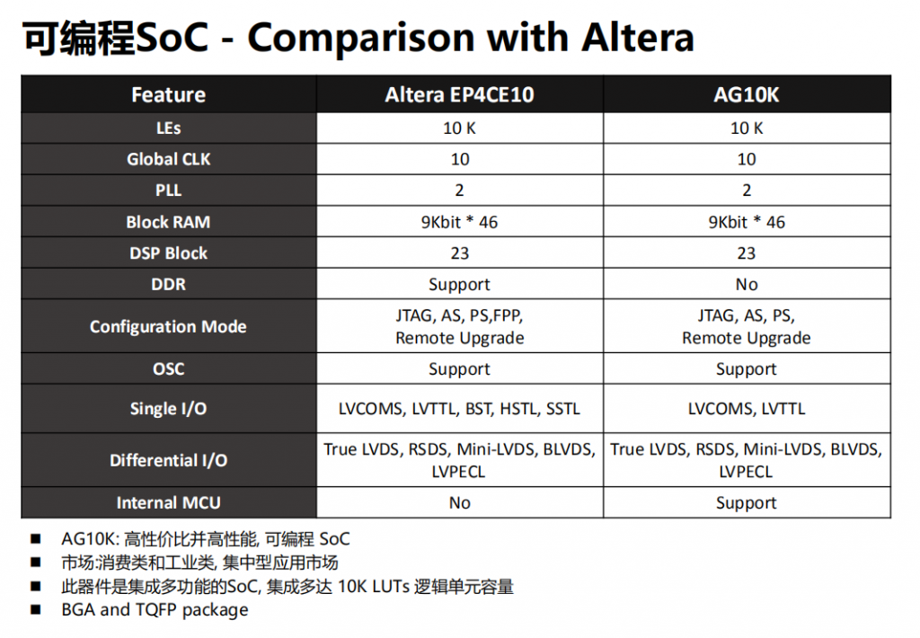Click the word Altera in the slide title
click(638, 38)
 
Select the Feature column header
click(168, 94)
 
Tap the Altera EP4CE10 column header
click(459, 94)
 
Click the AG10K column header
click(747, 94)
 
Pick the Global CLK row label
click(168, 159)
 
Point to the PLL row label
click(168, 191)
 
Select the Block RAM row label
click(168, 222)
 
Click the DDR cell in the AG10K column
click(747, 284)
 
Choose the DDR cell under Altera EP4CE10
click(459, 285)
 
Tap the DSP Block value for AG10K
click(747, 253)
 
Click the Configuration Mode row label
click(168, 326)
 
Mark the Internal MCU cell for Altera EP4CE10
click(459, 502)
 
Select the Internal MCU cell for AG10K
click(747, 503)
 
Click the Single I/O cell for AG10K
click(747, 409)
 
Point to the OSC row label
click(168, 368)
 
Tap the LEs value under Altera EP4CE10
click(459, 128)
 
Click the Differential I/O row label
click(168, 460)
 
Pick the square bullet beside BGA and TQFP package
click(36, 610)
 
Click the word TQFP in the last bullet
click(156, 610)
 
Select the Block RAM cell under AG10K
click(747, 222)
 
